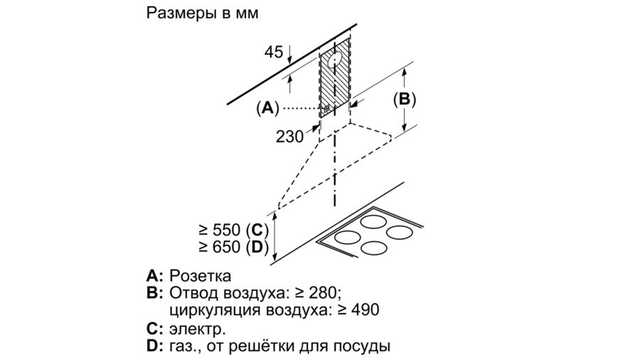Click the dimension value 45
[274, 52]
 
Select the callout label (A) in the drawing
[267, 108]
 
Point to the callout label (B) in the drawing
[405, 100]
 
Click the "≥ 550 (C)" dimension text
[232, 230]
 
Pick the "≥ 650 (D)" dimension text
[232, 247]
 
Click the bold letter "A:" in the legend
[155, 276]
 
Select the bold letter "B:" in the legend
[155, 293]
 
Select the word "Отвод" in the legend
[191, 293]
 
